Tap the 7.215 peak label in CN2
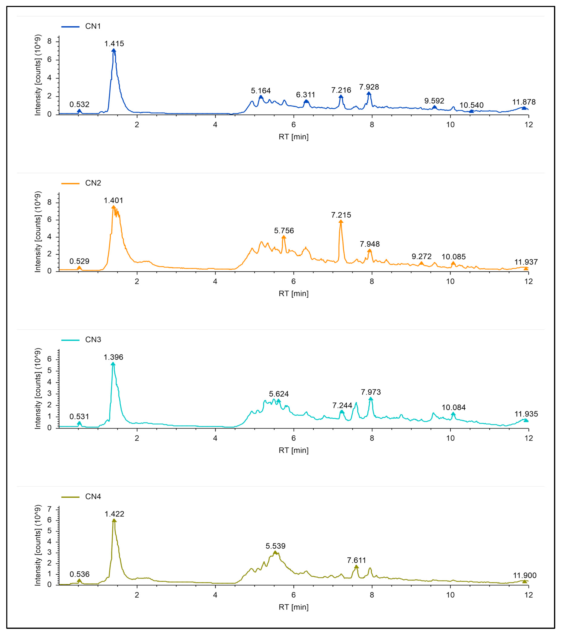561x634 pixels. click(341, 215)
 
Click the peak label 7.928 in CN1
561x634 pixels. click(369, 87)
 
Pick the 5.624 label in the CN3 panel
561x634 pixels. click(278, 394)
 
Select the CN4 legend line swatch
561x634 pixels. click(70, 497)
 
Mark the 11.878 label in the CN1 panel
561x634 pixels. click(523, 102)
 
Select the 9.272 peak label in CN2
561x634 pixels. click(421, 256)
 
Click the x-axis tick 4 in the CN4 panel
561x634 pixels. click(215, 595)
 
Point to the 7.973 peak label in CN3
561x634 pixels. click(371, 392)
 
